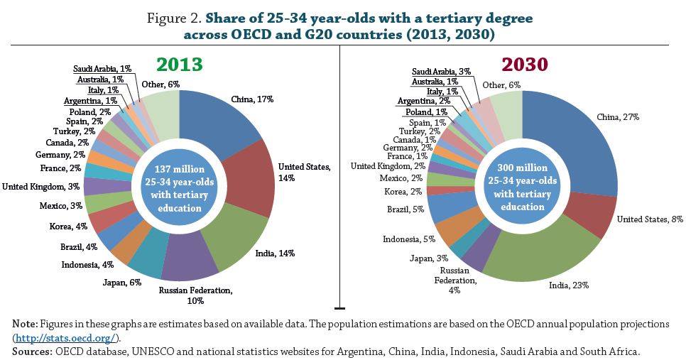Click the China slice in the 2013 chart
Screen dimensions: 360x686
[x=220, y=117]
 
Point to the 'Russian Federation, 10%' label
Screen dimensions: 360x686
[x=195, y=295]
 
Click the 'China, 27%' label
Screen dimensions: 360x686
[x=618, y=117]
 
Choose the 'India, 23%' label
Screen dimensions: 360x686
[x=568, y=285]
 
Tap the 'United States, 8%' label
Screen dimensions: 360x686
[x=649, y=219]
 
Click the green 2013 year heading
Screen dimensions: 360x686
[x=180, y=65]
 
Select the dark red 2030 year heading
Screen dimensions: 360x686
[x=524, y=65]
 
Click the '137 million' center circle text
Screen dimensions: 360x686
[x=179, y=170]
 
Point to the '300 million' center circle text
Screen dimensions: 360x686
[x=522, y=168]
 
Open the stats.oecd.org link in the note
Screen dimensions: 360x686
[x=67, y=337]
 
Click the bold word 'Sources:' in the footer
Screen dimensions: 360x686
[x=32, y=351]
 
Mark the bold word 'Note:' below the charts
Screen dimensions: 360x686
[x=25, y=324]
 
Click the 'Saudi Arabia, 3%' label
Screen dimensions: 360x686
[x=442, y=72]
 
